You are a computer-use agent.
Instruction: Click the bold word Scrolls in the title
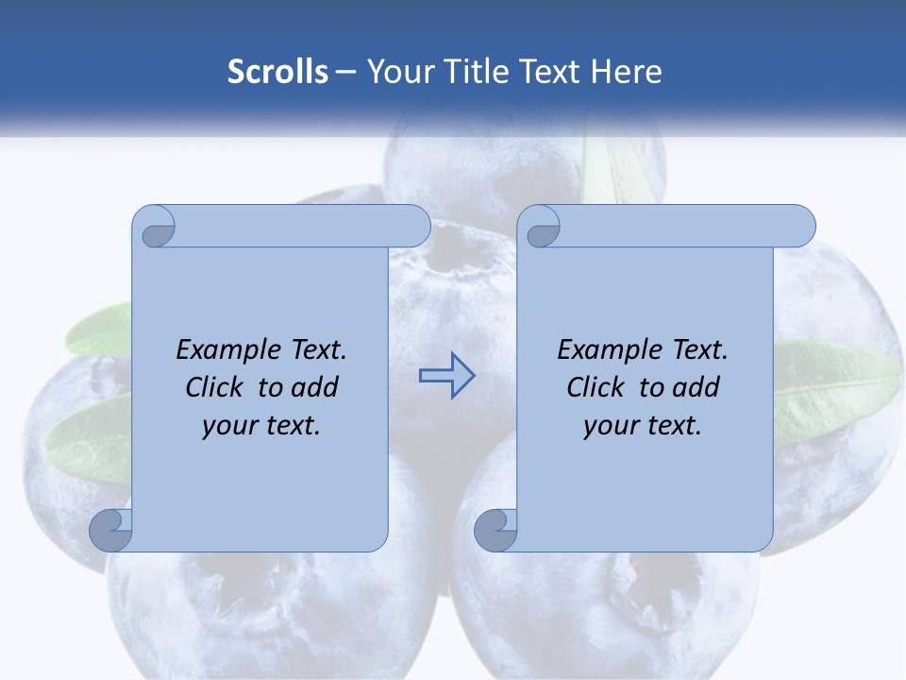pyautogui.click(x=277, y=72)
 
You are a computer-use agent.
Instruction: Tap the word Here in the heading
pyautogui.click(x=626, y=72)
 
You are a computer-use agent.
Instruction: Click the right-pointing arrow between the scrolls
pyautogui.click(x=446, y=376)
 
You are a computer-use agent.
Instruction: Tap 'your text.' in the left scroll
pyautogui.click(x=261, y=426)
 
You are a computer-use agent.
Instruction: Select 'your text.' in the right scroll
pyautogui.click(x=643, y=426)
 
